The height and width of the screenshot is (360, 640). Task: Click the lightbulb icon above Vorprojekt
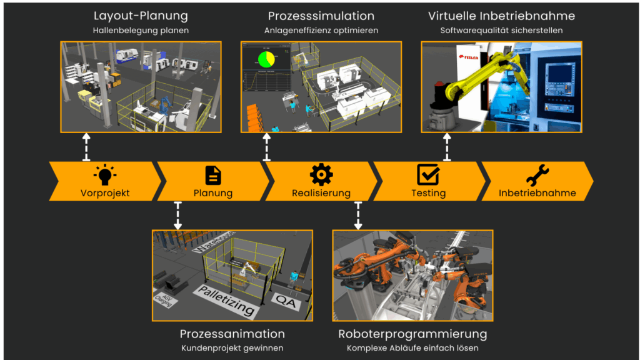tap(105, 174)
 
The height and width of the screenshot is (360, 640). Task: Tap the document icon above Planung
tap(213, 174)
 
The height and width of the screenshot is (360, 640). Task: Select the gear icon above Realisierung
tap(321, 174)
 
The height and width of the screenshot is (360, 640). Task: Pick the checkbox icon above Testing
tap(429, 174)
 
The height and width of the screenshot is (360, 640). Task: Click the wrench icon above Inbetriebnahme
tap(537, 174)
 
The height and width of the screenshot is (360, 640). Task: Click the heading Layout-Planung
tap(141, 16)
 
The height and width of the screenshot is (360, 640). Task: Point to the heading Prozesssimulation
tap(321, 16)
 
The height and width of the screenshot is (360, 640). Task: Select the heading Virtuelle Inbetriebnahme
tap(501, 16)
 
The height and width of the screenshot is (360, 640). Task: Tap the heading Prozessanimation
tap(232, 334)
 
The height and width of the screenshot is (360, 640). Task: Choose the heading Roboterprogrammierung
tap(412, 334)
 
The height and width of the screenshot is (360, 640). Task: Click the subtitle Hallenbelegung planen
tap(141, 30)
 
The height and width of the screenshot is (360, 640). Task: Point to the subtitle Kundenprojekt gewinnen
tap(232, 347)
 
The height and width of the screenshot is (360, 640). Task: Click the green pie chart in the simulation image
tap(266, 59)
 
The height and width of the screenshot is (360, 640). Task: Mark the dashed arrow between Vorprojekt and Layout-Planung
tap(86, 147)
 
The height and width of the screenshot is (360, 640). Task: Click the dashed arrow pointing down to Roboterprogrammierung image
tap(358, 215)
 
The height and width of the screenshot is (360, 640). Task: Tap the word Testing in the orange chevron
tap(429, 193)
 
